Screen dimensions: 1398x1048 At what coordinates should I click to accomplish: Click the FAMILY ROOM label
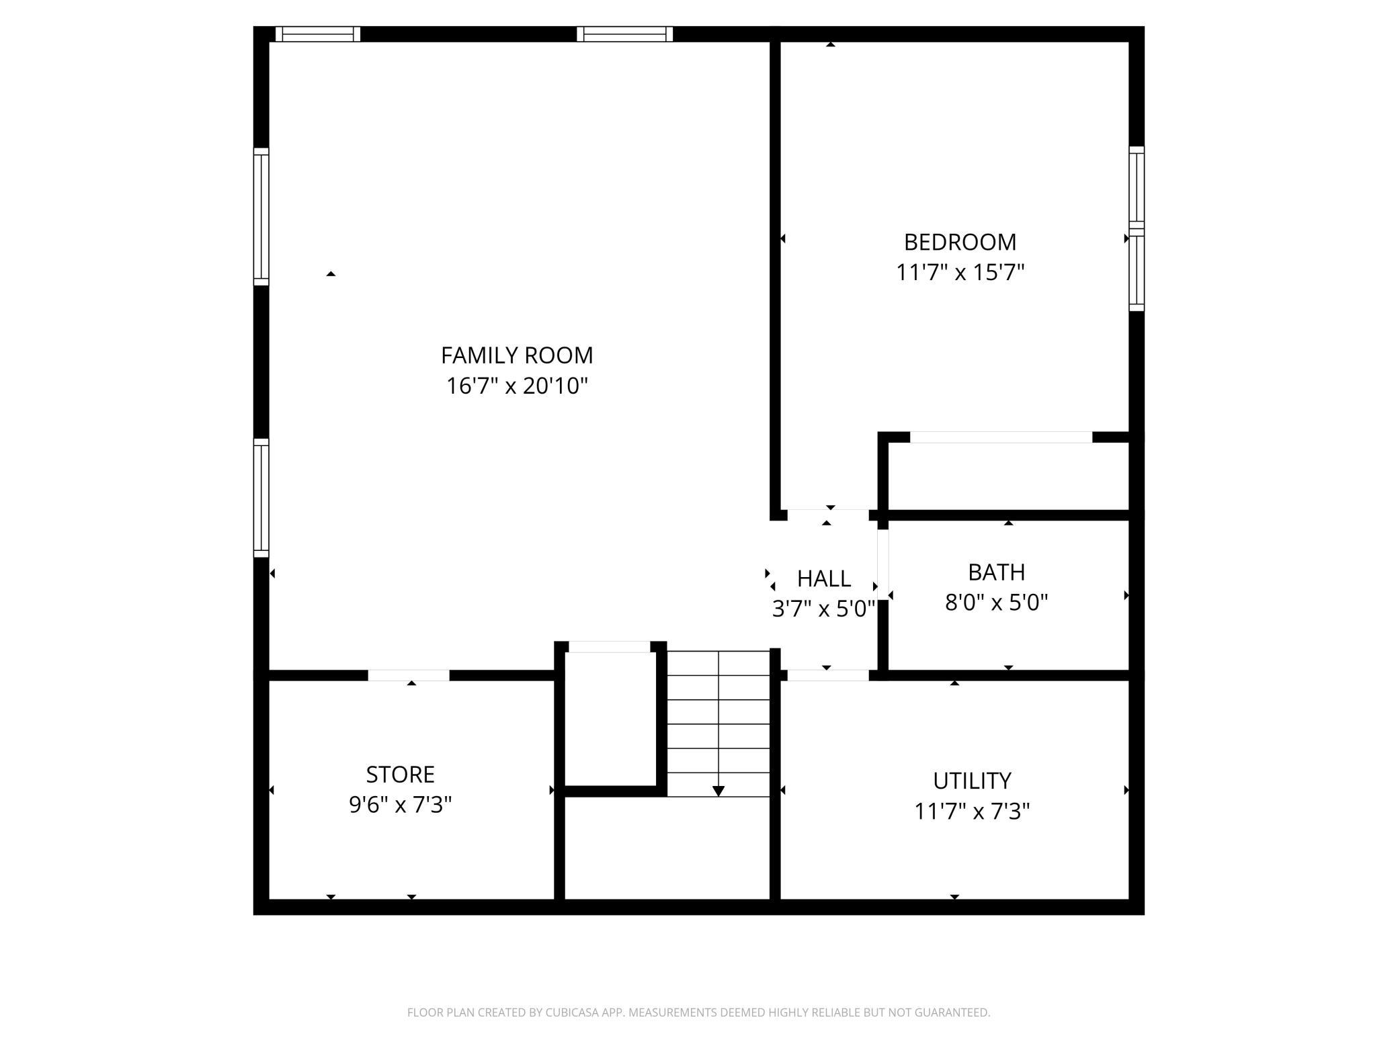(x=517, y=355)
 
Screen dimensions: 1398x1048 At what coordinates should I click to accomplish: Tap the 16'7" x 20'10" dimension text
(x=517, y=386)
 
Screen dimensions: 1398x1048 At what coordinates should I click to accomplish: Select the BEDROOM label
(x=960, y=242)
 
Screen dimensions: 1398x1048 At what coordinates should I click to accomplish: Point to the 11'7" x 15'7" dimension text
(x=960, y=272)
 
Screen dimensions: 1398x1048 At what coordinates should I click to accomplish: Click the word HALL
(x=824, y=578)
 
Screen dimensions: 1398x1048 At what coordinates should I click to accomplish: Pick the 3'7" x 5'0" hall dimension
(x=823, y=609)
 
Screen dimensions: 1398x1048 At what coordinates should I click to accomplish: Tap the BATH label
(x=996, y=572)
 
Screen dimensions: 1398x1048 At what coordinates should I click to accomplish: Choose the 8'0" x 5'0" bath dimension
(x=996, y=603)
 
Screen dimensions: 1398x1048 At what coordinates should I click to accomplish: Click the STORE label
(x=400, y=775)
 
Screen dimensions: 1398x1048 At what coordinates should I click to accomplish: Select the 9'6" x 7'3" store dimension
(x=400, y=805)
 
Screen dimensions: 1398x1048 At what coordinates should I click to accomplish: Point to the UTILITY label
(x=972, y=781)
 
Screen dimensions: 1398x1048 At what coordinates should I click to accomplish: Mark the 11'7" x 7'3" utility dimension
(x=972, y=812)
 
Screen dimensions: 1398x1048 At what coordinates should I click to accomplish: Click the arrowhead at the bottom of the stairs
(x=718, y=791)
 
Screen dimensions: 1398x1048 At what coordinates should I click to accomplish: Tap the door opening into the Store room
(x=409, y=675)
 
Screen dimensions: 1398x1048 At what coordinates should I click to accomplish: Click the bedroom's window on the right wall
(x=1137, y=228)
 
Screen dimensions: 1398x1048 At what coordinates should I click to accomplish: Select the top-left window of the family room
(x=318, y=34)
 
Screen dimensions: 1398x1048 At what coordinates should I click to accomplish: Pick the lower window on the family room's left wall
(x=261, y=498)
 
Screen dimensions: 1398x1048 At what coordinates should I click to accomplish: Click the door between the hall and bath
(x=883, y=565)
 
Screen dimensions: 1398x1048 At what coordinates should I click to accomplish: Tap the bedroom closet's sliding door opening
(x=1001, y=437)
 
